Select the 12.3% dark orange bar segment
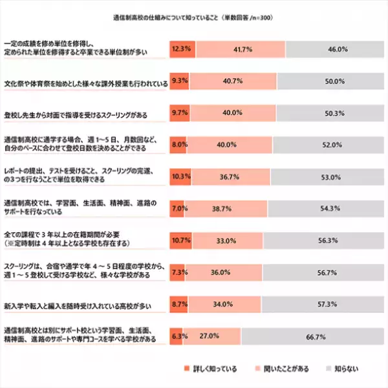(182, 48)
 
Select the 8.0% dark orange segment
(178, 145)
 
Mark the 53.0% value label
(331, 177)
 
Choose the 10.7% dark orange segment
(180, 241)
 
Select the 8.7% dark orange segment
(178, 304)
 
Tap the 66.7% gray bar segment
(314, 336)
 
